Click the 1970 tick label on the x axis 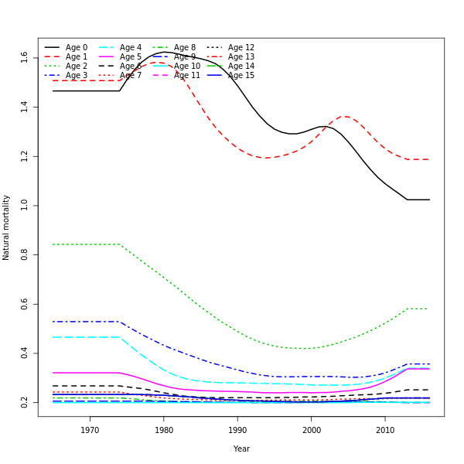click(x=90, y=430)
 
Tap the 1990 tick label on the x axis click(x=237, y=430)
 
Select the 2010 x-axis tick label click(x=385, y=430)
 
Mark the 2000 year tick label click(x=312, y=430)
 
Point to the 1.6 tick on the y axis click(x=25, y=56)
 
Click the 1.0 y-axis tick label click(x=25, y=205)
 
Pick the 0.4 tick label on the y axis click(x=25, y=353)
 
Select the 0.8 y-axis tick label click(x=25, y=254)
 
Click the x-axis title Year click(x=241, y=449)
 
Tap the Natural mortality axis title click(x=7, y=227)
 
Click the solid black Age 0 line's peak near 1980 click(x=164, y=52)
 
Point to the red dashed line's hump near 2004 click(x=345, y=117)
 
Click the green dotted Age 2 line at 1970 click(x=90, y=244)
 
